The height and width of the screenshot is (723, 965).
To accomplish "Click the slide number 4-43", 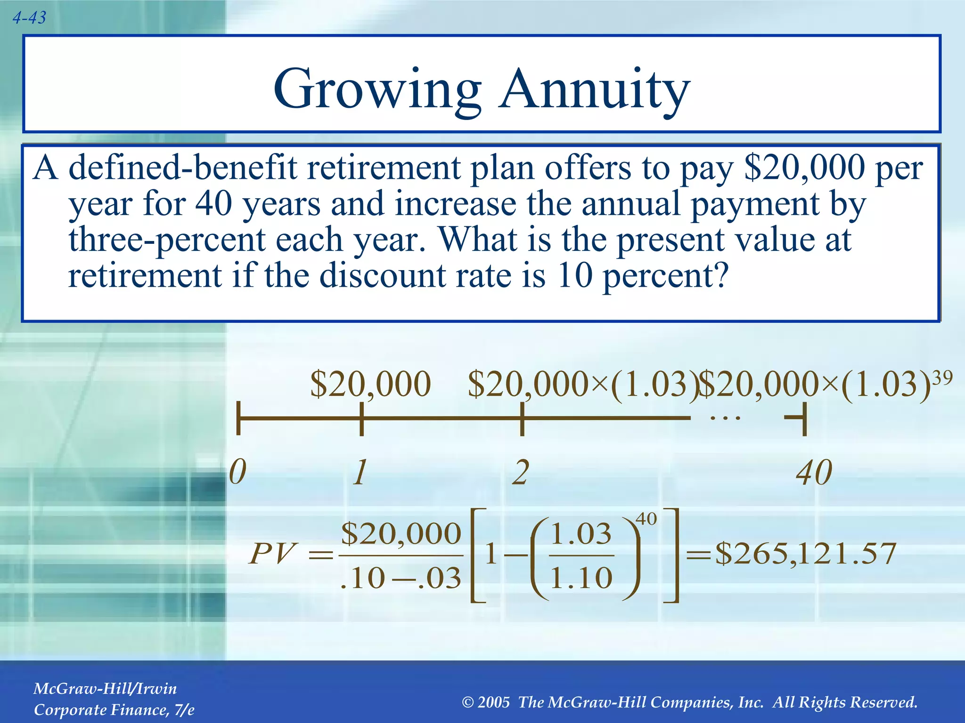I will click(x=29, y=18).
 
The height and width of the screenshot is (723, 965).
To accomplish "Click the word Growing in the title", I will click(x=377, y=89).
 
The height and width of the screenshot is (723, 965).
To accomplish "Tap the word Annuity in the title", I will click(x=595, y=89).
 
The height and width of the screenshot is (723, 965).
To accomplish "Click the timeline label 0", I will click(x=237, y=472).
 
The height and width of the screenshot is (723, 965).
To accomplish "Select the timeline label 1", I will click(x=360, y=472).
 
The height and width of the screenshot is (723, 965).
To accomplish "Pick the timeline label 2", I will click(x=521, y=472).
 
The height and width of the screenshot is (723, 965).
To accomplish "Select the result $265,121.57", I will click(x=805, y=554).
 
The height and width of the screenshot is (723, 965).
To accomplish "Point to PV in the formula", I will click(x=272, y=554).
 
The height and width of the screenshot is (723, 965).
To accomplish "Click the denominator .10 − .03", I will click(x=400, y=578).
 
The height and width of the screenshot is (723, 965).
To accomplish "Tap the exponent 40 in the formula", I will click(x=646, y=519).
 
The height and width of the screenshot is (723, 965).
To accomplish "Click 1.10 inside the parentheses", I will click(x=581, y=578).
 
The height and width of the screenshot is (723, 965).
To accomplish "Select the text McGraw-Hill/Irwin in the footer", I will click(x=105, y=689).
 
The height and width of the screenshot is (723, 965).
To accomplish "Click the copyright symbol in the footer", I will click(x=468, y=703).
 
